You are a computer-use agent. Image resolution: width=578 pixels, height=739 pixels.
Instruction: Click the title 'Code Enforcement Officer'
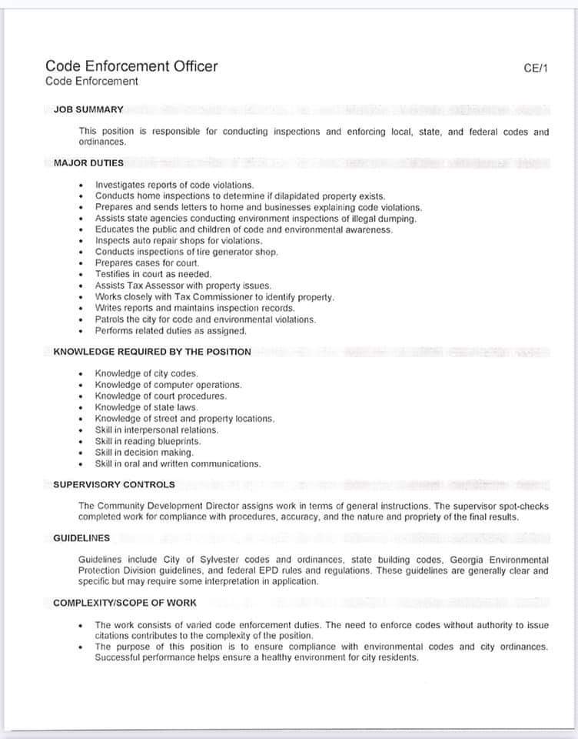tap(131, 66)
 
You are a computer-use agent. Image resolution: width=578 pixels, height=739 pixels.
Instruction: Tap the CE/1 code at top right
tap(535, 68)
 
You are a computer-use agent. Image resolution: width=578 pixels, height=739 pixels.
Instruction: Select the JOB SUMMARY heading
tap(88, 109)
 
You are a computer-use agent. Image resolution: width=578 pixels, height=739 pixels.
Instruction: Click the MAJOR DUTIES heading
tap(88, 162)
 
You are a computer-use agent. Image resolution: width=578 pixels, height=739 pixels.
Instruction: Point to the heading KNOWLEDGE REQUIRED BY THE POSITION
tap(152, 352)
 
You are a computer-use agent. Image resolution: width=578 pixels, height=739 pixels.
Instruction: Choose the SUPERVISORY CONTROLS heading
tap(114, 484)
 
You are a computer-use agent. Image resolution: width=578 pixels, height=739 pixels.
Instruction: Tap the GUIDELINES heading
tap(81, 538)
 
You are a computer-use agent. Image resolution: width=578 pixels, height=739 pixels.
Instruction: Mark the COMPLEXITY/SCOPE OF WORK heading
tap(125, 603)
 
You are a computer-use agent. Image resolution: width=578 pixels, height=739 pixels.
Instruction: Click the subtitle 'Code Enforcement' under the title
tap(92, 82)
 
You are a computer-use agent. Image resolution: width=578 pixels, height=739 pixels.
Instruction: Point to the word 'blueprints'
tap(178, 442)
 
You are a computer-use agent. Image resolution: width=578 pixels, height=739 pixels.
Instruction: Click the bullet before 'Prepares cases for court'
tap(81, 263)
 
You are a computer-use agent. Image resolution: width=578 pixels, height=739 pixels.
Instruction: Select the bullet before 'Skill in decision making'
tap(81, 453)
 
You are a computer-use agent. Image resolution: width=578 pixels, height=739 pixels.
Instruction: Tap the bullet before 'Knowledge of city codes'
tap(81, 373)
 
